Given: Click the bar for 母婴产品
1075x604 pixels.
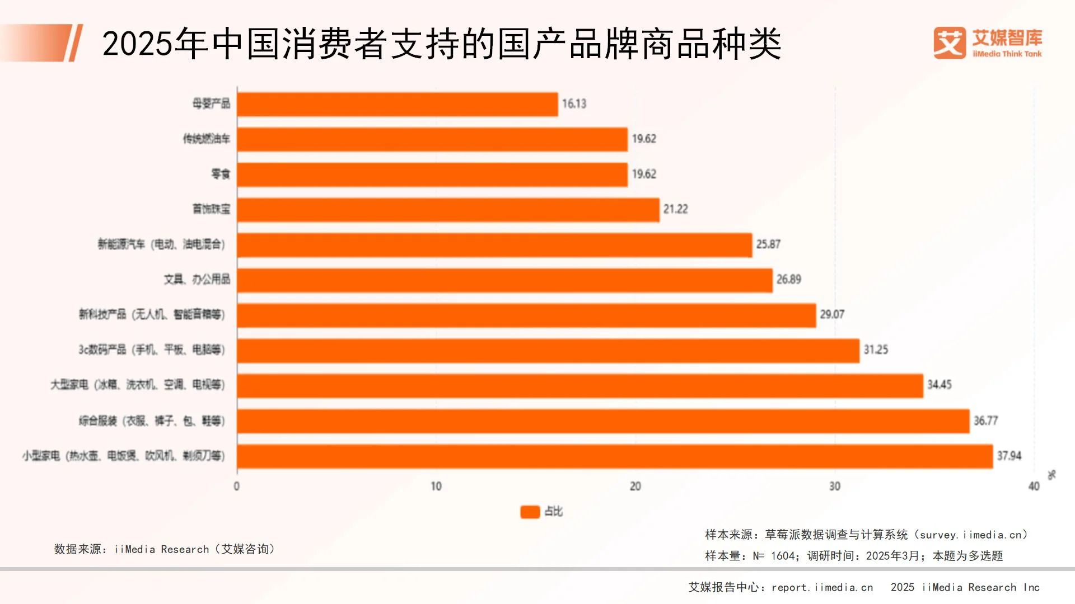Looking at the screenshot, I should (398, 105).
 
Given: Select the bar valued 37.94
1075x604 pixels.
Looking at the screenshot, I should (615, 456).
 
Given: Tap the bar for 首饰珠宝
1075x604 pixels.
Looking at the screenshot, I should (448, 210).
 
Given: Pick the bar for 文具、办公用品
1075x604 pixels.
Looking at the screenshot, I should (504, 280).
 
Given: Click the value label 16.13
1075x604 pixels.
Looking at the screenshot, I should (574, 104).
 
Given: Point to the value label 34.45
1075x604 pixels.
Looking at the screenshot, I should (939, 385).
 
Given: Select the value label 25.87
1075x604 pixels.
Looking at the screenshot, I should (768, 244).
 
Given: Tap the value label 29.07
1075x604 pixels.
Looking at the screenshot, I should (832, 315).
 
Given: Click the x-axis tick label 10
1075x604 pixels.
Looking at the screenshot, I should (436, 487).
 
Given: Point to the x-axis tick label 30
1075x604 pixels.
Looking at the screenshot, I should (834, 487).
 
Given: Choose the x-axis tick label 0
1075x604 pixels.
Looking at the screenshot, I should (236, 487).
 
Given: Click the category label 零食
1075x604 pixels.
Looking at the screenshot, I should (220, 174).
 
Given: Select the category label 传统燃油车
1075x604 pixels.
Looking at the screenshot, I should (206, 139).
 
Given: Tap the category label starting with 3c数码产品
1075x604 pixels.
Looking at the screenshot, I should (151, 350).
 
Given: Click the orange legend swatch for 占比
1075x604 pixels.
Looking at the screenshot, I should (530, 512).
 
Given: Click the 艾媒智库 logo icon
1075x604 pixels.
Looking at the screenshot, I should (949, 43).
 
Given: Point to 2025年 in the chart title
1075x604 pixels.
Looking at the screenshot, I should (155, 44).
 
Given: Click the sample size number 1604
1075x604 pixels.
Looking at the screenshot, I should (783, 556).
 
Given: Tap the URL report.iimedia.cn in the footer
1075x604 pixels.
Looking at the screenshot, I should (822, 588).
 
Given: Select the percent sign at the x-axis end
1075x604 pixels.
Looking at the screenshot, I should (1051, 475).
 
